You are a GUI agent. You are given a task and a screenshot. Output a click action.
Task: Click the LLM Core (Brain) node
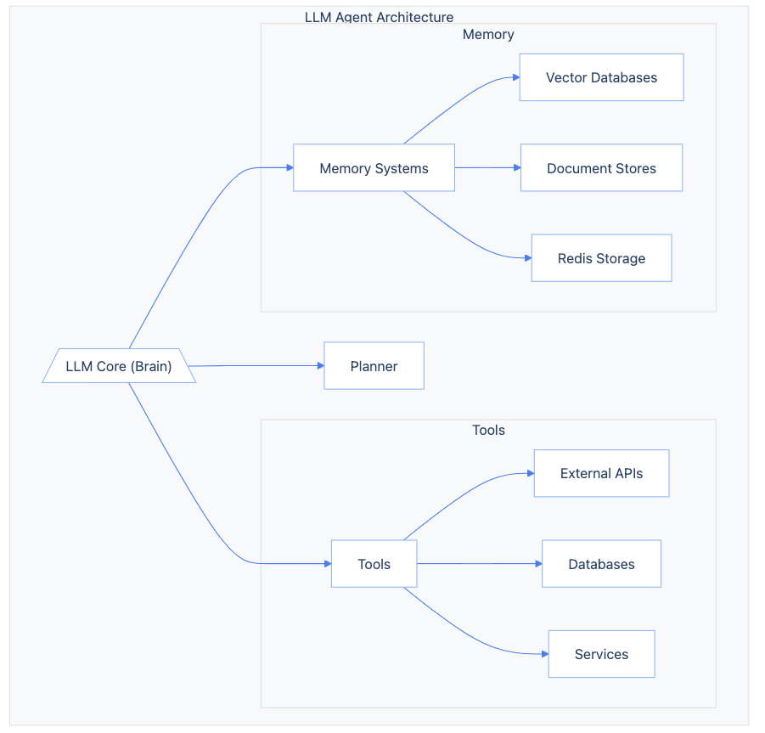pyautogui.click(x=119, y=366)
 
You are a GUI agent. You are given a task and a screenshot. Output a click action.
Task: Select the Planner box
pyautogui.click(x=374, y=366)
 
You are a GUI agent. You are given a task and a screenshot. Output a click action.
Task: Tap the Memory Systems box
pyautogui.click(x=374, y=168)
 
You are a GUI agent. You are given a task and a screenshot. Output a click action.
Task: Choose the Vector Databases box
pyautogui.click(x=601, y=77)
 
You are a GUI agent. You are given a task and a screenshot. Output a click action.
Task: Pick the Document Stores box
pyautogui.click(x=601, y=168)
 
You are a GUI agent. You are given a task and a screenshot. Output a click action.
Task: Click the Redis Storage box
pyautogui.click(x=601, y=258)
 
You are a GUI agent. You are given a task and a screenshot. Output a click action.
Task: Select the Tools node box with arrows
pyautogui.click(x=374, y=564)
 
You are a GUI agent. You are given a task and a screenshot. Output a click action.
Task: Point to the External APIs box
pyautogui.click(x=601, y=473)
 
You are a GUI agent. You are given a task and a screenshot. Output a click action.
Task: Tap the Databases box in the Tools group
pyautogui.click(x=601, y=564)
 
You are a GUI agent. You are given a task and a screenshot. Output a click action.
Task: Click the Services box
pyautogui.click(x=601, y=654)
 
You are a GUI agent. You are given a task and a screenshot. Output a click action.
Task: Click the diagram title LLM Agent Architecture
pyautogui.click(x=379, y=17)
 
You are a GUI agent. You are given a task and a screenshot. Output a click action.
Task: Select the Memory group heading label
pyautogui.click(x=488, y=35)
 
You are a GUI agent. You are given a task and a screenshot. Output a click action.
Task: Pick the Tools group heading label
pyautogui.click(x=488, y=431)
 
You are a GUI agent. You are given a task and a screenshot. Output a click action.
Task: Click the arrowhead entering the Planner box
pyautogui.click(x=320, y=366)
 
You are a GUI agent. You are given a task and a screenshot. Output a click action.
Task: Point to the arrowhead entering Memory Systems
pyautogui.click(x=289, y=168)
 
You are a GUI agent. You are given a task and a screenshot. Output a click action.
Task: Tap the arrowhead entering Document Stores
pyautogui.click(x=515, y=168)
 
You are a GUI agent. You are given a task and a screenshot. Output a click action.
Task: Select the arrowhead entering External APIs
pyautogui.click(x=529, y=473)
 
